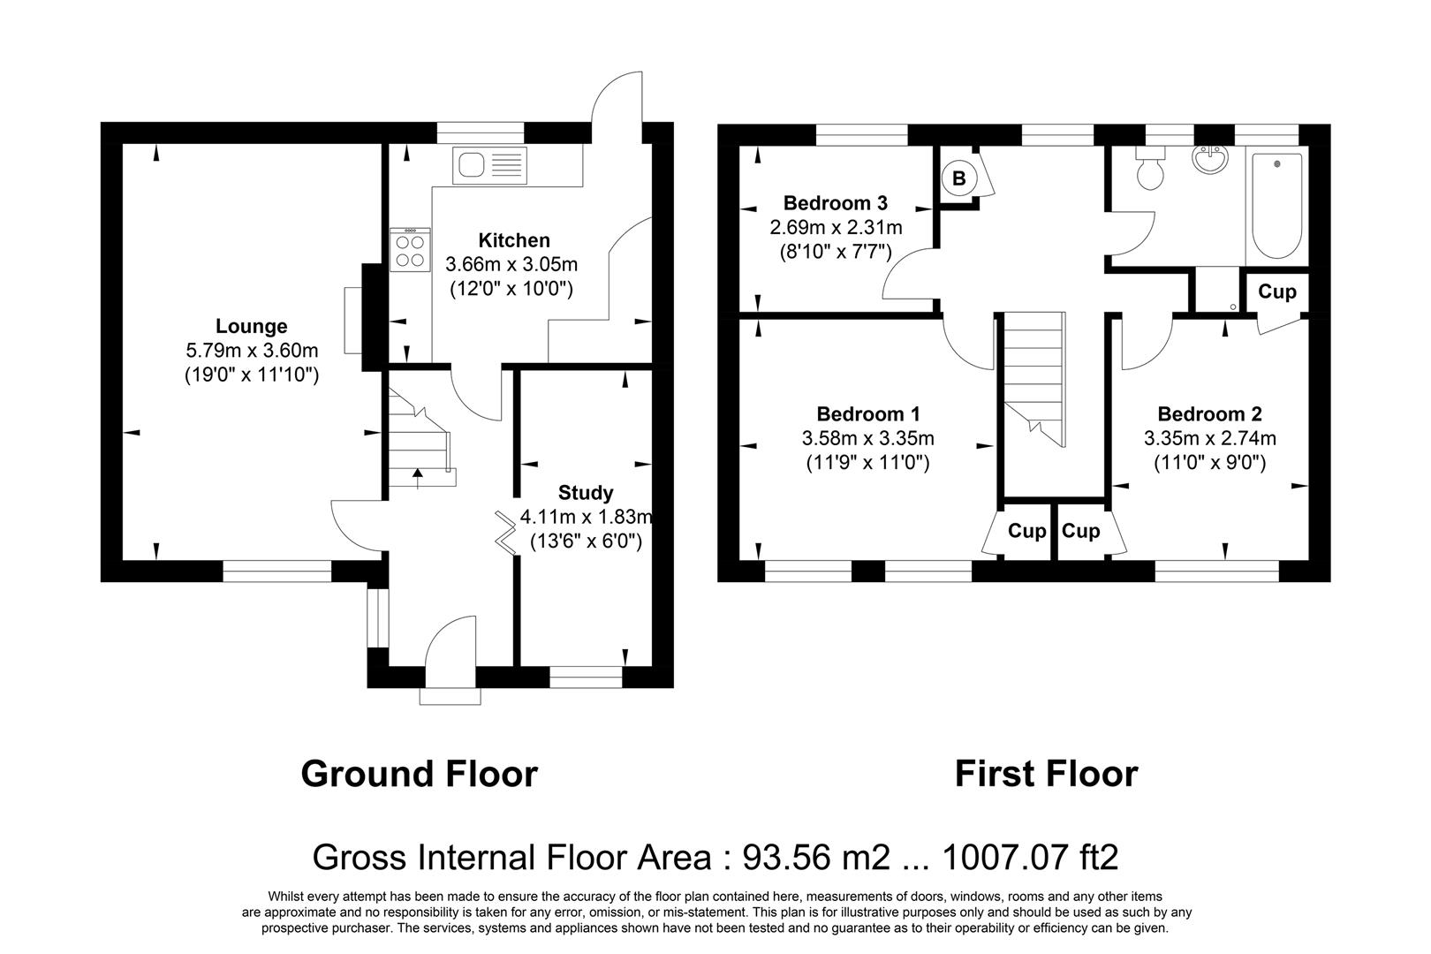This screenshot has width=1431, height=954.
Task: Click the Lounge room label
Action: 252,327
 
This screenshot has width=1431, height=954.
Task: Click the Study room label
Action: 586,493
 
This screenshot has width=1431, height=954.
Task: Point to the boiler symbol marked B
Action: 959,178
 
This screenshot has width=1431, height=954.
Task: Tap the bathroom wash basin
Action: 1208,161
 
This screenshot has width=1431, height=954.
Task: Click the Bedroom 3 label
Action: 835,203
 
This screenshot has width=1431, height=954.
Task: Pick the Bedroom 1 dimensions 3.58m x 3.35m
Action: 867,438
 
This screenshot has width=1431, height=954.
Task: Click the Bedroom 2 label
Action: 1209,414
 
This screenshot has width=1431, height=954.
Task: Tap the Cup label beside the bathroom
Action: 1276,291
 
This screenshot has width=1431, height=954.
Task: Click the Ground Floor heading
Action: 419,774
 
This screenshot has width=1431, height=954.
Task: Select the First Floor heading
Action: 1046,774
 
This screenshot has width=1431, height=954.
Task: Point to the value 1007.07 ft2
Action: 1030,857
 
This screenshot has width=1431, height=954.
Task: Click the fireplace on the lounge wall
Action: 353,320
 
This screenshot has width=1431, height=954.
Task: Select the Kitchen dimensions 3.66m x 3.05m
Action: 511,264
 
